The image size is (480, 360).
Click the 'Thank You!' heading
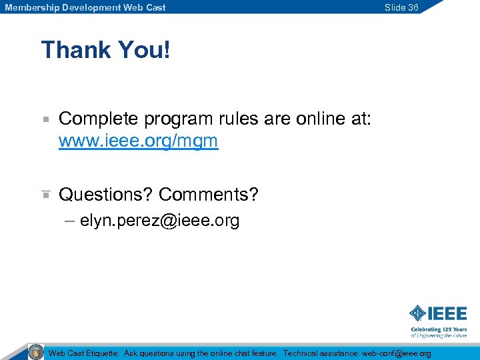point(106,50)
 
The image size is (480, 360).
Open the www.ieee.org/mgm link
point(138,141)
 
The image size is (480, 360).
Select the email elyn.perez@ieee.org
point(159,221)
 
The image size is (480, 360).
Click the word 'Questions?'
point(106,195)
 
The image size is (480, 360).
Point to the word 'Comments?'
point(209,195)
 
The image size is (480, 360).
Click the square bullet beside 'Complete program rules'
point(45,119)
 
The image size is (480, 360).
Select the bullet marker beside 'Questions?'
point(45,195)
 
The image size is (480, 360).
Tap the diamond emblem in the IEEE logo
point(417,313)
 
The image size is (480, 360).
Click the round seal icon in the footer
point(36,352)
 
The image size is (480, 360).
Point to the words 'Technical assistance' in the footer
point(320,353)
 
